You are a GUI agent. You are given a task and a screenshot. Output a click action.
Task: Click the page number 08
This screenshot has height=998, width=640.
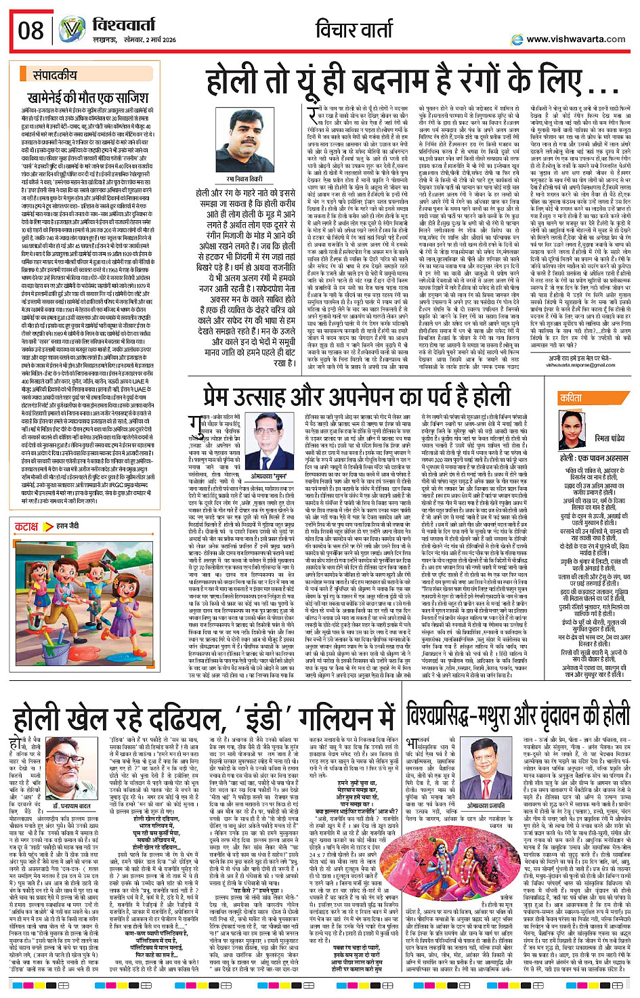(31, 30)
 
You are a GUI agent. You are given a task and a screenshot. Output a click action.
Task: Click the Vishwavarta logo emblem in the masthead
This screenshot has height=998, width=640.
(71, 30)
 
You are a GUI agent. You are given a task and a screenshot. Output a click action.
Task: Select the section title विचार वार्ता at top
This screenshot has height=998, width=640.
(356, 29)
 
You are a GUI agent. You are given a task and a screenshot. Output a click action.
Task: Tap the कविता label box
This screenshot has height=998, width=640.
(571, 398)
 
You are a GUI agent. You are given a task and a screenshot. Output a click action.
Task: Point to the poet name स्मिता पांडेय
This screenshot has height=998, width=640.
(610, 439)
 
